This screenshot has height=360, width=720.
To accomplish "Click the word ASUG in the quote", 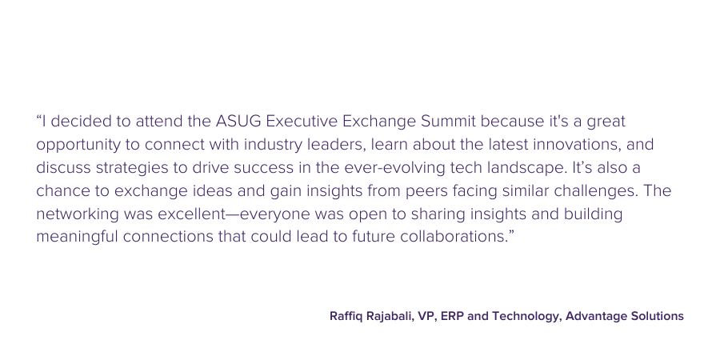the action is click(x=238, y=122).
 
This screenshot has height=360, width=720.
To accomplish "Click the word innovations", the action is click(x=577, y=144).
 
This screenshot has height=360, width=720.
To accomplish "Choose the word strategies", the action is click(x=132, y=168).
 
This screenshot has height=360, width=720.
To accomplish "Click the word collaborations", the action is click(x=455, y=237).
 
